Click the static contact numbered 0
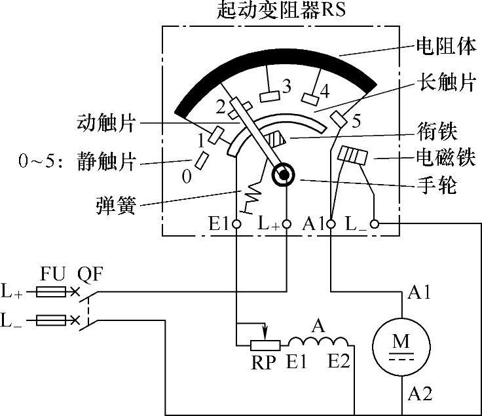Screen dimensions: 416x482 201,160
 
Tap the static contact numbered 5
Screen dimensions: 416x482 339,118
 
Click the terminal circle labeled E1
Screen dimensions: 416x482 236,224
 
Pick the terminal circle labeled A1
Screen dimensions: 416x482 331,224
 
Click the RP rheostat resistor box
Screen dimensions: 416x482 265,343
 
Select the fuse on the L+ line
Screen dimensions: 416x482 51,292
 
